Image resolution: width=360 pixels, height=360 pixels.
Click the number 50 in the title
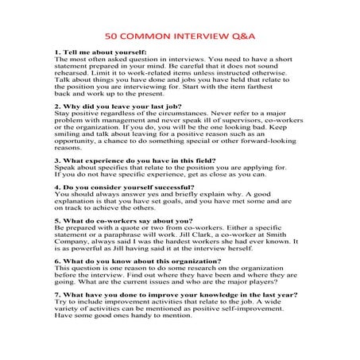tap(112, 37)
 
